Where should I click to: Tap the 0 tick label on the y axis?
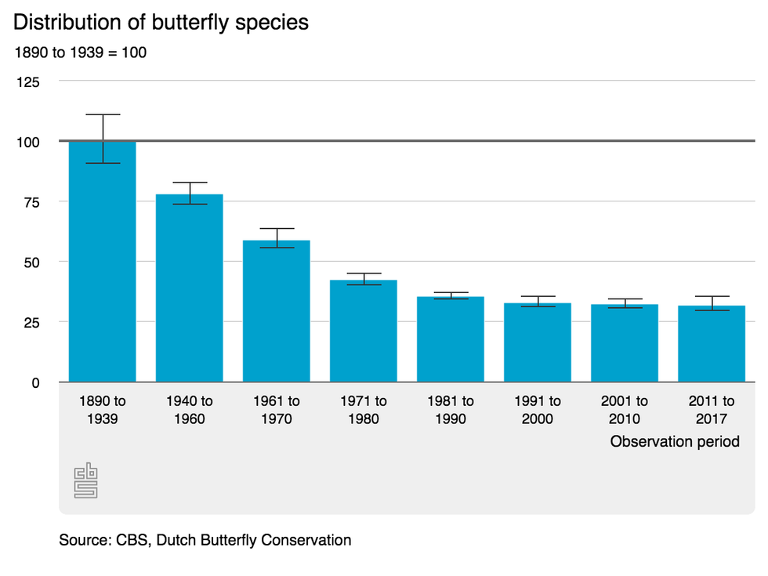34,382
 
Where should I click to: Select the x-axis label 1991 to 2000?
537,410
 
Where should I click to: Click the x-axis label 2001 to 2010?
624,410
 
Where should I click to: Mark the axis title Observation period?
675,442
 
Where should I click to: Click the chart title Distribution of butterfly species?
161,22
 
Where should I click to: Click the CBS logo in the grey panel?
85,480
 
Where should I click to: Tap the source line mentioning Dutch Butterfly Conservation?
205,540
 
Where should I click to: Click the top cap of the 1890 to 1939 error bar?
103,115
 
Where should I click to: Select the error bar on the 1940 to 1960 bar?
190,193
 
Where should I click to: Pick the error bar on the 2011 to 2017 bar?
711,303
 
